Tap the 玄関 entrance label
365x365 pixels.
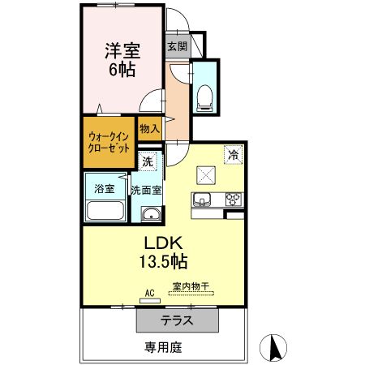click(x=177, y=46)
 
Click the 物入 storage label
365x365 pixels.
click(x=148, y=129)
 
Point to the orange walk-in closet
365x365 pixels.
click(x=108, y=143)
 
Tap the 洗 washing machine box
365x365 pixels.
click(x=147, y=161)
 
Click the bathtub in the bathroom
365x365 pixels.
click(x=104, y=213)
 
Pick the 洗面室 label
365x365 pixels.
click(x=147, y=190)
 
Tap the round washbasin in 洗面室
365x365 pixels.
click(x=150, y=214)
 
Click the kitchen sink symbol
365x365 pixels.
click(x=201, y=200)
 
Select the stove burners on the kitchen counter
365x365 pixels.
click(x=234, y=199)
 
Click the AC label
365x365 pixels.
click(x=149, y=293)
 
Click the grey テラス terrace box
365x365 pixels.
click(x=177, y=320)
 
